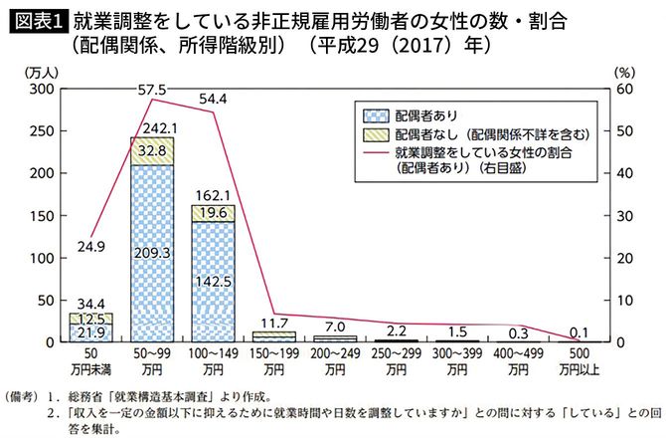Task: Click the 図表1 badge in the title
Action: click(35, 20)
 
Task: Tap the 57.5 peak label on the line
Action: click(151, 91)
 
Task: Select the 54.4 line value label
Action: click(213, 100)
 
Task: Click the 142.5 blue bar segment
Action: click(213, 282)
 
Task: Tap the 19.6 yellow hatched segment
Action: click(213, 213)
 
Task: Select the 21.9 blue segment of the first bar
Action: click(90, 332)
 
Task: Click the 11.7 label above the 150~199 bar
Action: click(273, 323)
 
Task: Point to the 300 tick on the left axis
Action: click(41, 90)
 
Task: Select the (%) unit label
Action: click(623, 72)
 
